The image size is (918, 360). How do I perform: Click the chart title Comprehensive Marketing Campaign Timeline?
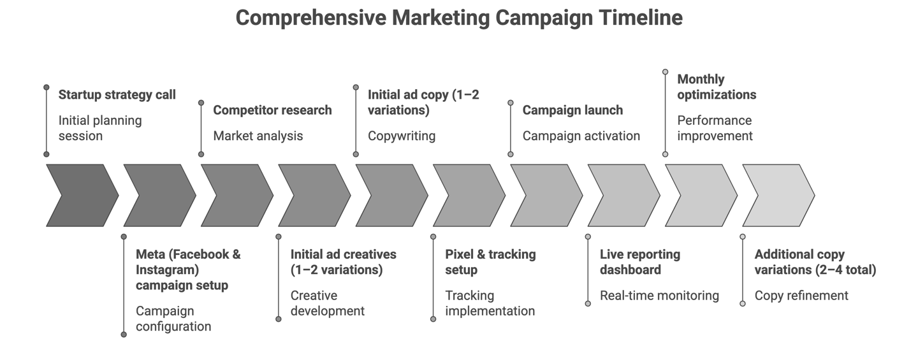coord(459,17)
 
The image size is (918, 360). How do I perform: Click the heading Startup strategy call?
coord(117,95)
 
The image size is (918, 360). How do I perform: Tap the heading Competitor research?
coord(272,110)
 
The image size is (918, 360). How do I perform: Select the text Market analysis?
coord(258,136)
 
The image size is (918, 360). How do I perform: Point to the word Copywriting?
coord(401,136)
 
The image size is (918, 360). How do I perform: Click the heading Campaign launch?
coord(572,110)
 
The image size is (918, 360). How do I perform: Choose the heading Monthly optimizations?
coord(716,87)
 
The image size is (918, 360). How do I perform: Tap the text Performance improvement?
coord(714,128)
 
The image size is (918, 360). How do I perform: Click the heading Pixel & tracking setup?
coord(490,262)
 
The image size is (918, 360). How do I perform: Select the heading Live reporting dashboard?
coord(639,262)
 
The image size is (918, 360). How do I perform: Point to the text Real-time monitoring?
coord(659,296)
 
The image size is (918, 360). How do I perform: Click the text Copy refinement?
coord(801,296)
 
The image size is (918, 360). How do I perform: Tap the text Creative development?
coord(327,303)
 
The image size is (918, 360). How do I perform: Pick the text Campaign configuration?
coord(173,319)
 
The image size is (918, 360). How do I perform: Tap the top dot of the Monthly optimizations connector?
coord(665,72)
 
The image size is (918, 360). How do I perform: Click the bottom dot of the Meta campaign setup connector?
coord(124,334)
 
